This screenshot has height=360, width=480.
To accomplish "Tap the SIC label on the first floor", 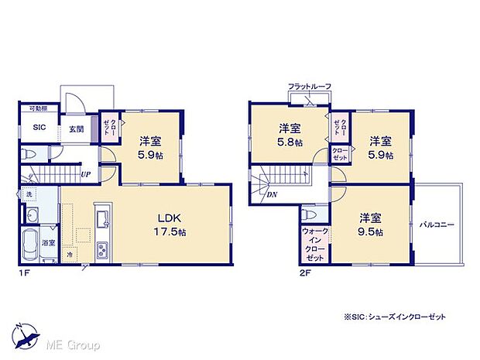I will click(x=37, y=129).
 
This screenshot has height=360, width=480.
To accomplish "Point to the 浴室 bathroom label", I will click(x=48, y=243).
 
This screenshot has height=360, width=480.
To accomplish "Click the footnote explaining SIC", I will click(x=394, y=317).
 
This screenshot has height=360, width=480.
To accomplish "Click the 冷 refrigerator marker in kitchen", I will click(x=69, y=253).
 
